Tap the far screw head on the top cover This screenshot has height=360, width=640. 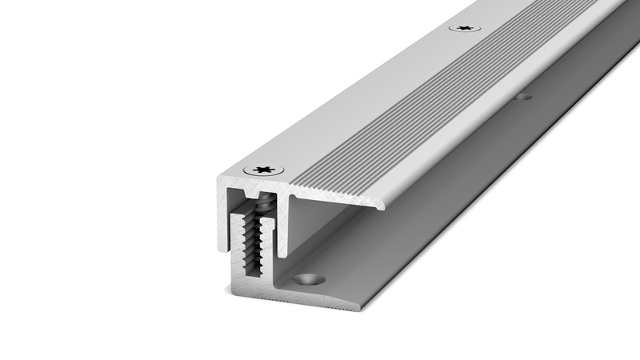[464, 28]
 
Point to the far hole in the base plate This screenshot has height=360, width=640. [524, 98]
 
